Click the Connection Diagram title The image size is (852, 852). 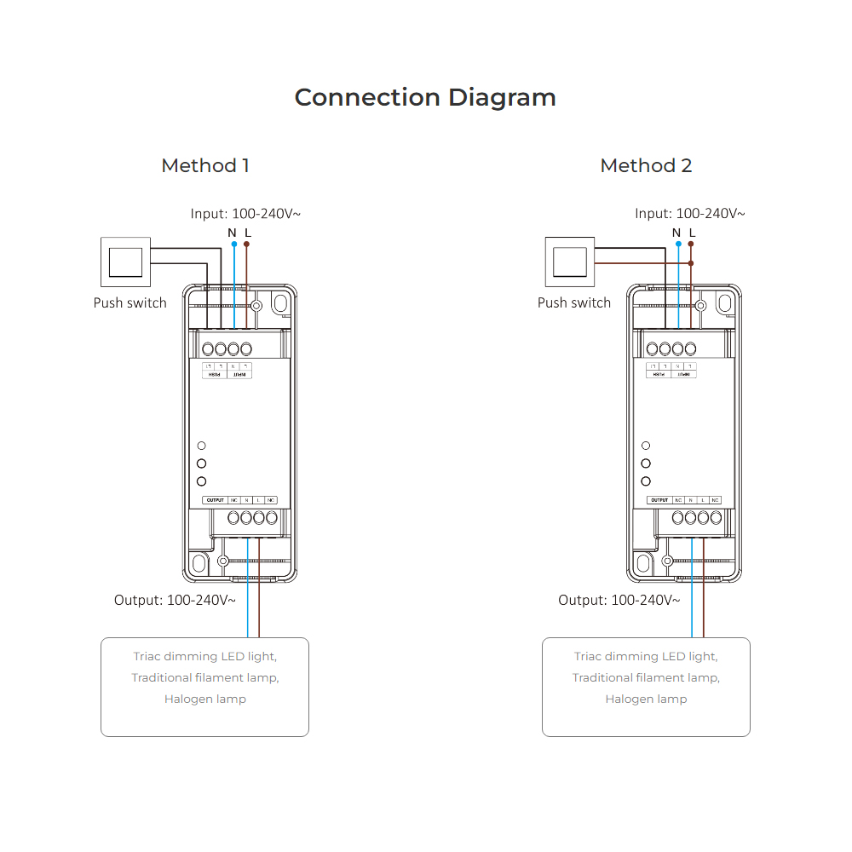tap(425, 97)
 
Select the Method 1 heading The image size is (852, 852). tap(205, 165)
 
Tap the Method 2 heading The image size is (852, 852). tap(646, 165)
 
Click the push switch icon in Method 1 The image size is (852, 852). tap(126, 262)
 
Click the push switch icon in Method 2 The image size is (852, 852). tap(570, 262)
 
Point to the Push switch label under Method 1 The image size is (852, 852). tap(130, 302)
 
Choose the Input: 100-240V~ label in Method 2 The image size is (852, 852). tap(689, 213)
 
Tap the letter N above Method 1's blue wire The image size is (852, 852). tap(232, 232)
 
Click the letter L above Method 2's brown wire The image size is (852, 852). tap(692, 232)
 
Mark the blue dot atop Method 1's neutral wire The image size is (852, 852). tap(233, 245)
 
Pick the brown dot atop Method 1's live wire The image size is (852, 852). tap(247, 245)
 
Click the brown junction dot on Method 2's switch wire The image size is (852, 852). tap(691, 264)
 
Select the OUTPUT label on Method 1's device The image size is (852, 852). tap(216, 500)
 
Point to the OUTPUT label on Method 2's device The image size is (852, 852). tap(659, 500)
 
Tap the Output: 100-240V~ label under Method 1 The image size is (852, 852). tap(175, 600)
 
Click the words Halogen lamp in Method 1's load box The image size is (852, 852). tap(205, 699)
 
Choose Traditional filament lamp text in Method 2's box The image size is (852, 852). tap(646, 677)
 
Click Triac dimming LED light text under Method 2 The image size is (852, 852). tap(646, 656)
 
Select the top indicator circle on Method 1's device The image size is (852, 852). tap(202, 446)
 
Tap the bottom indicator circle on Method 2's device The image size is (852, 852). tap(646, 481)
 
